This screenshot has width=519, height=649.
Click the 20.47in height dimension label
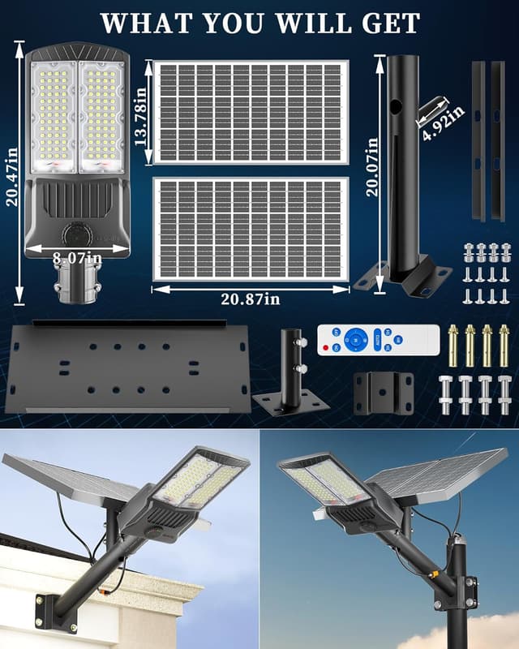(12, 174)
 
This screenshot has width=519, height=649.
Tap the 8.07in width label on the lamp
(78, 258)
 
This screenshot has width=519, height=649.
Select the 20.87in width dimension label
(251, 299)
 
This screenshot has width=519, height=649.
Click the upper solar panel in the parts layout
(251, 111)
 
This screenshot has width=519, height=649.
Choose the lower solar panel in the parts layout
(251, 230)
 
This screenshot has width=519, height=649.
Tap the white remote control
(378, 339)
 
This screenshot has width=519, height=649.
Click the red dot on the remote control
(325, 349)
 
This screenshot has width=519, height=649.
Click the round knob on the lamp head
(77, 234)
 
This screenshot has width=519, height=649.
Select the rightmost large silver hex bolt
(505, 393)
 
